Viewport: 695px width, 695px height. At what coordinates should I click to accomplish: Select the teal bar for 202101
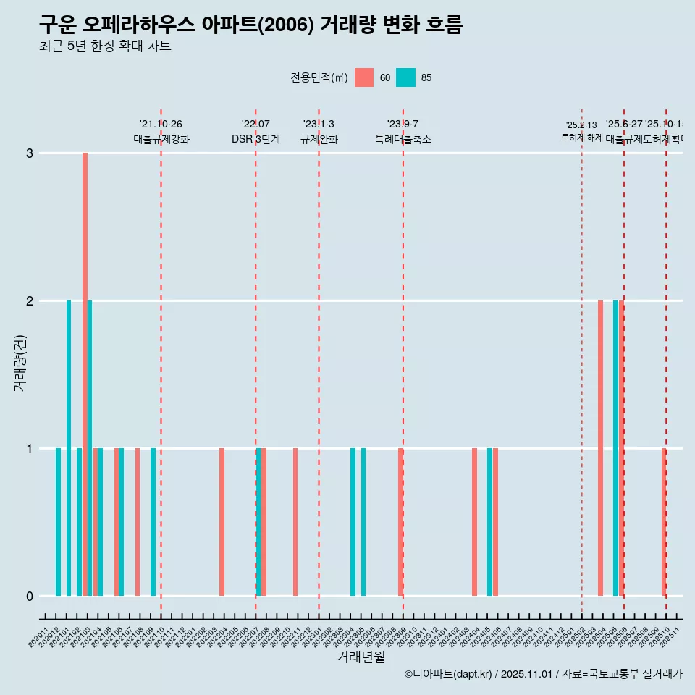(69, 448)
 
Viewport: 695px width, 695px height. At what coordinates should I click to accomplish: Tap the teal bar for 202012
(58, 522)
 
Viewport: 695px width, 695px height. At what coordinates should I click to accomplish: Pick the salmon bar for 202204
(222, 522)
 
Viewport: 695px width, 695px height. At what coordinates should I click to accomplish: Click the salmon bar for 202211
(295, 522)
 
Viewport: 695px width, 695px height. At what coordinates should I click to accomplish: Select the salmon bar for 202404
(474, 522)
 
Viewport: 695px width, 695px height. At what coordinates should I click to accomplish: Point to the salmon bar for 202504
(600, 448)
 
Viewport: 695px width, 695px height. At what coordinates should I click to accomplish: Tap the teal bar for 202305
(363, 522)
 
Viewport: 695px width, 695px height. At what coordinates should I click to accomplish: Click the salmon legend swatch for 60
(364, 77)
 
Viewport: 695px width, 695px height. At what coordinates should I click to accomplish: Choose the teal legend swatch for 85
(405, 77)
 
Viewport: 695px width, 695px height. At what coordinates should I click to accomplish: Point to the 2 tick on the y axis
(30, 300)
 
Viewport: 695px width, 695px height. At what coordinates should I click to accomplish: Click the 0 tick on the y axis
(30, 596)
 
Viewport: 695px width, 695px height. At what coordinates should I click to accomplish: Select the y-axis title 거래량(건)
(20, 363)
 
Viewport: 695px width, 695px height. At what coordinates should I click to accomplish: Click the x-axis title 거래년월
(361, 657)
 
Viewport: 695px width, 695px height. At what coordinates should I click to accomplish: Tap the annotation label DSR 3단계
(256, 139)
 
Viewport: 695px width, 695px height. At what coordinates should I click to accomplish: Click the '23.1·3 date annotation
(319, 125)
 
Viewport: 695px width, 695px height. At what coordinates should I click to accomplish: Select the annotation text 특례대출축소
(403, 139)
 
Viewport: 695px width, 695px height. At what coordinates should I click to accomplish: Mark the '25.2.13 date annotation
(581, 125)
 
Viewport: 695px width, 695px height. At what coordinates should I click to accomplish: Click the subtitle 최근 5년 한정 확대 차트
(105, 46)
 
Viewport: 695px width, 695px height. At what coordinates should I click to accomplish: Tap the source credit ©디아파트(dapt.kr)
(449, 674)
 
